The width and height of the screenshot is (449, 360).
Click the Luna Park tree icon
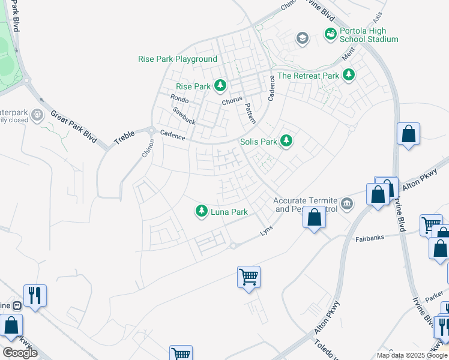pyautogui.click(x=201, y=211)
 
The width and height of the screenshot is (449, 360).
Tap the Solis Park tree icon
pyautogui.click(x=287, y=141)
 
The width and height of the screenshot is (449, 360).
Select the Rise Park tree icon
pyautogui.click(x=220, y=86)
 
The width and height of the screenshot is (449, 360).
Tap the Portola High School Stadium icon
pyautogui.click(x=330, y=35)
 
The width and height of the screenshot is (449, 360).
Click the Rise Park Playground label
pyautogui.click(x=178, y=59)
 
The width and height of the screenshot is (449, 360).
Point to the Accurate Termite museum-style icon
pyautogui.click(x=347, y=205)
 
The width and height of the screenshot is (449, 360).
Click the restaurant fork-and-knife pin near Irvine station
pyautogui.click(x=34, y=295)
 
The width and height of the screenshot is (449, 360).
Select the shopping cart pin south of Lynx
pyautogui.click(x=249, y=277)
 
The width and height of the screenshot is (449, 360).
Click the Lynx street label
pyautogui.click(x=267, y=229)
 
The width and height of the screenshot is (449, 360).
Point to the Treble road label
pyautogui.click(x=124, y=137)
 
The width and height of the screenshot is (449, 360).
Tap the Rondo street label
pyautogui.click(x=179, y=98)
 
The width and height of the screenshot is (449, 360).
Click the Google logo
pyautogui.click(x=20, y=353)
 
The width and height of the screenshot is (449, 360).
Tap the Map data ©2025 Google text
pyautogui.click(x=411, y=355)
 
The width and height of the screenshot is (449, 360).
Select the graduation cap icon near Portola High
pyautogui.click(x=302, y=39)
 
